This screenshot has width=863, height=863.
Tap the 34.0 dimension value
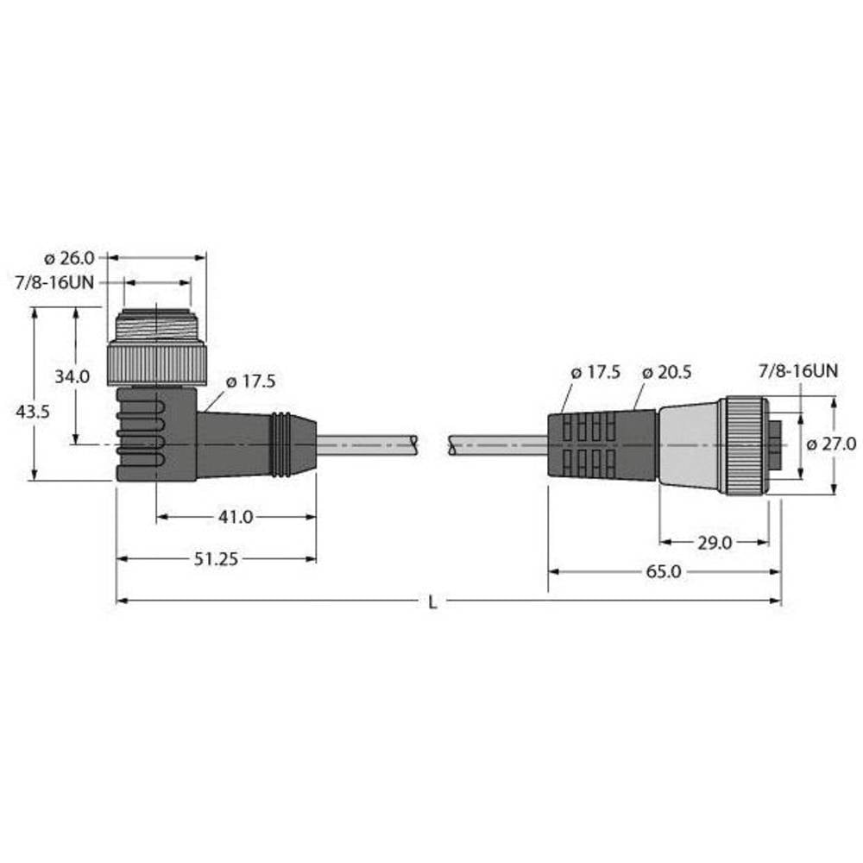(72, 376)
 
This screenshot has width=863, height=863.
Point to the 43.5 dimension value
(32, 413)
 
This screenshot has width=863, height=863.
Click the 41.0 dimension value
(236, 517)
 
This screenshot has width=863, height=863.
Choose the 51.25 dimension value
(217, 558)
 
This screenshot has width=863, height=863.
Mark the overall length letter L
(433, 602)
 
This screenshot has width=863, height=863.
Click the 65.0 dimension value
(664, 571)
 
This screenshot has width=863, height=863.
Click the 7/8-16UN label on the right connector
(797, 372)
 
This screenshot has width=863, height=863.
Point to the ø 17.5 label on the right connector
(595, 372)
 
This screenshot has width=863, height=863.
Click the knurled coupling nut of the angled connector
(156, 363)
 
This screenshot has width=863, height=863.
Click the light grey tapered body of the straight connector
(689, 445)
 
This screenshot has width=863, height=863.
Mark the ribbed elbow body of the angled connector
(147, 431)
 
